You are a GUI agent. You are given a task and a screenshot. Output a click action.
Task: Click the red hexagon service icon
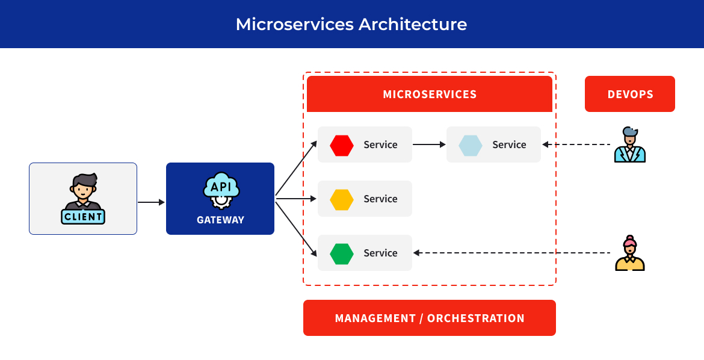pyautogui.click(x=342, y=145)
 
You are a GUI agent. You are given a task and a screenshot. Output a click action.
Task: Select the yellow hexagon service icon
pyautogui.click(x=342, y=199)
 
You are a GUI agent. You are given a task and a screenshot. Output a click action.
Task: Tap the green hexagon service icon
pyautogui.click(x=342, y=253)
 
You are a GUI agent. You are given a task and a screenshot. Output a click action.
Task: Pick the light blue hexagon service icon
pyautogui.click(x=471, y=145)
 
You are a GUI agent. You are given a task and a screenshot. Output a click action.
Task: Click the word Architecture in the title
pyautogui.click(x=413, y=24)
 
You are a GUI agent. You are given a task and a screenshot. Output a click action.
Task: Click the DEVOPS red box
pyautogui.click(x=630, y=94)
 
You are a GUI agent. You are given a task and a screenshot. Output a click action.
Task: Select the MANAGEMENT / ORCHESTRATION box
pyautogui.click(x=430, y=318)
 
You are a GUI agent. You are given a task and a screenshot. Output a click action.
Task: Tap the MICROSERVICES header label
pyautogui.click(x=430, y=94)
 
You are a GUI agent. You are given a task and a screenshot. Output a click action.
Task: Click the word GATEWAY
pyautogui.click(x=220, y=220)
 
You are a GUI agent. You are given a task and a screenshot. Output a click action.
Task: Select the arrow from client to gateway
pyautogui.click(x=151, y=202)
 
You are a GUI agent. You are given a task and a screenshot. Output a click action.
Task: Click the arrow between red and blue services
pyautogui.click(x=429, y=144)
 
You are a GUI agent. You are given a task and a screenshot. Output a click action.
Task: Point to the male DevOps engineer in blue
pyautogui.click(x=629, y=145)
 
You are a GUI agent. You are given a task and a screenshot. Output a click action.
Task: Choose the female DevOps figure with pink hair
pyautogui.click(x=629, y=253)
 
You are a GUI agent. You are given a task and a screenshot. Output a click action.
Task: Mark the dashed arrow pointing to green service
pyautogui.click(x=511, y=253)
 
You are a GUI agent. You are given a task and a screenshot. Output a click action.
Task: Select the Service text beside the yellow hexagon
pyautogui.click(x=380, y=199)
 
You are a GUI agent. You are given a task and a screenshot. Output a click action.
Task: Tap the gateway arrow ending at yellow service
pyautogui.click(x=296, y=199)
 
